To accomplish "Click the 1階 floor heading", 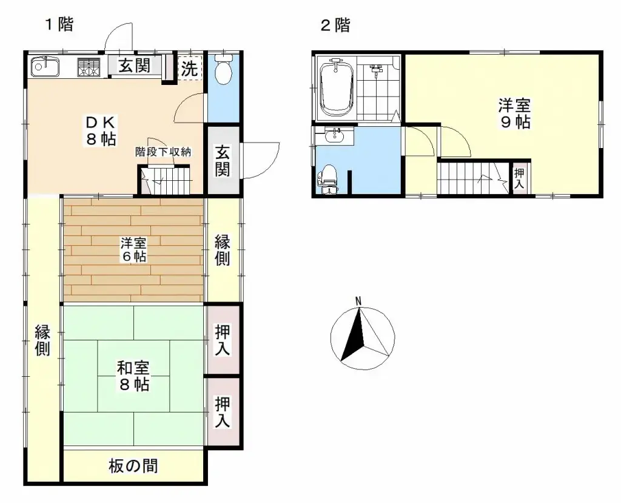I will click(58, 25).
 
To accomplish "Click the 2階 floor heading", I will click(335, 25).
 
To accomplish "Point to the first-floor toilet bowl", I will click(224, 71).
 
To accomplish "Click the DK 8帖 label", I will click(100, 129).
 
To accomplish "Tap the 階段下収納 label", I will click(163, 152).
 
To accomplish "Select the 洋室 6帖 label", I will click(133, 249).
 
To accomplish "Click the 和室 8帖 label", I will click(133, 376).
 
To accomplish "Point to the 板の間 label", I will click(133, 465).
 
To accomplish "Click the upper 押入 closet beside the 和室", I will click(223, 340).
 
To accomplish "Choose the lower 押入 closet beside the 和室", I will click(223, 412).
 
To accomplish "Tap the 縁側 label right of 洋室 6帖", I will click(223, 249).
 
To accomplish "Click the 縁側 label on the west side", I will click(42, 340).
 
